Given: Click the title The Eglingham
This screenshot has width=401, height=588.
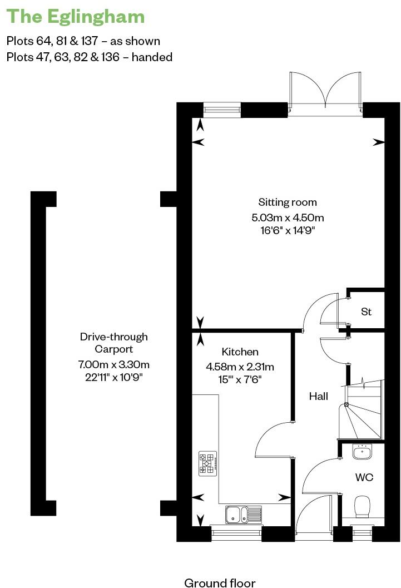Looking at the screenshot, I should (x=75, y=17).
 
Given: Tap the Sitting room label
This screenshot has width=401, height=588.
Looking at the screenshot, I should (x=288, y=202).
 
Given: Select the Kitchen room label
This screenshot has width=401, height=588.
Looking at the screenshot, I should (x=240, y=352).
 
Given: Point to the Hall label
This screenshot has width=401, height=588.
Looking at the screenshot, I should (x=319, y=396).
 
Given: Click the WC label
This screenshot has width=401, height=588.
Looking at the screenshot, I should (x=364, y=477).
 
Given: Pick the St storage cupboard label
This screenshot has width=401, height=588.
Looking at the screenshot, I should (x=366, y=312).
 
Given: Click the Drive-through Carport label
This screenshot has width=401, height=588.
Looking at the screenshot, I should (x=113, y=343).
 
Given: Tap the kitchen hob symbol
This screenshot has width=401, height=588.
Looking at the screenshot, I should (x=207, y=463).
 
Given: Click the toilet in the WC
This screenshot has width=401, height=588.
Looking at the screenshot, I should (x=363, y=507).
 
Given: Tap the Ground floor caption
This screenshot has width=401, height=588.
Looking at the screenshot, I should (x=220, y=582).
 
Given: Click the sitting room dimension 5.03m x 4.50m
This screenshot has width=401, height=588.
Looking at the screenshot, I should (x=288, y=217).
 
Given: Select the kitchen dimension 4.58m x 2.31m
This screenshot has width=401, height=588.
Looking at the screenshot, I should (x=240, y=367).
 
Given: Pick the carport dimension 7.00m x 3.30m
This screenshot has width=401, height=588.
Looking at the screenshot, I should (x=114, y=365).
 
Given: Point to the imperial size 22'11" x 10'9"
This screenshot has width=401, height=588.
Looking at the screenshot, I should (x=114, y=377).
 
